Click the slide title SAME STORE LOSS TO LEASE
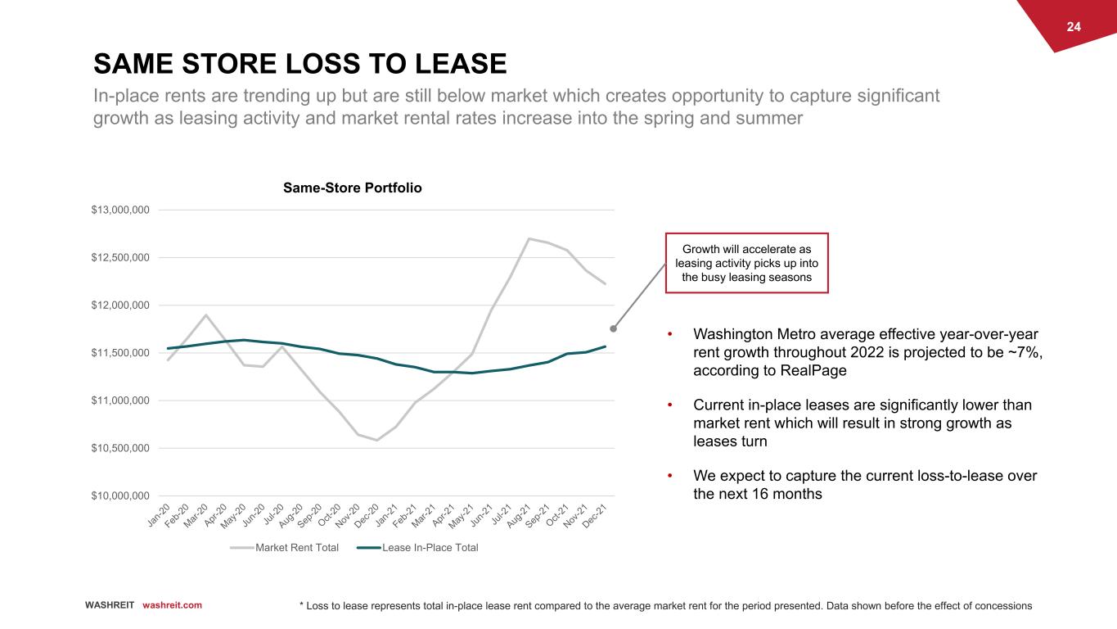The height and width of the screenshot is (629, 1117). tap(300, 63)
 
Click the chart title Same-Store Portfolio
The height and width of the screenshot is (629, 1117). tap(353, 188)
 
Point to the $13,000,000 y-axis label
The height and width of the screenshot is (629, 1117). tap(120, 210)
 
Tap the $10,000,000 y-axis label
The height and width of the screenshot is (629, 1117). tap(120, 496)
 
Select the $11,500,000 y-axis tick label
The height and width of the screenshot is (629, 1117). tap(120, 353)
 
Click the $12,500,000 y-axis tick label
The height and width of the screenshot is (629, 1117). tap(120, 258)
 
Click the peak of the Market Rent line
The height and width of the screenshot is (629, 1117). tap(529, 238)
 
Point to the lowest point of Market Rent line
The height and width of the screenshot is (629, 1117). tap(376, 441)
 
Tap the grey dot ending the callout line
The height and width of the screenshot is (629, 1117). tap(613, 329)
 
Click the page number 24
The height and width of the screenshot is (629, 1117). tap(1074, 27)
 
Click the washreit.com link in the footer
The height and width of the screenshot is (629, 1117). tap(172, 605)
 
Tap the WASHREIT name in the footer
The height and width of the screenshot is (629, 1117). tap(110, 605)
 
